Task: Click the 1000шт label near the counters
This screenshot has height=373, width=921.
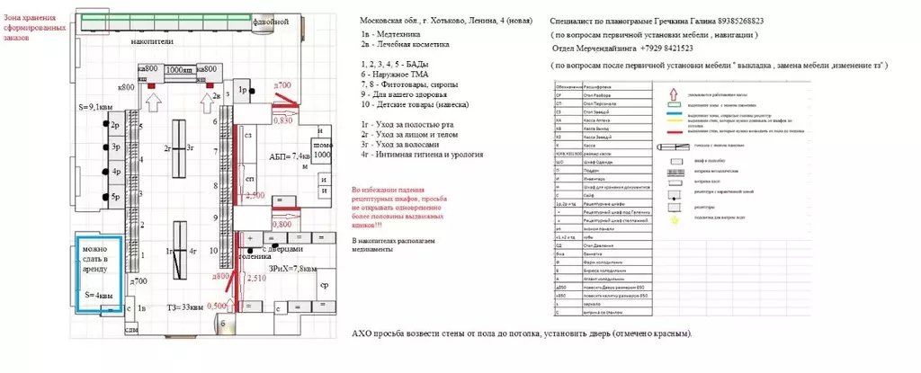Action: pyautogui.click(x=180, y=68)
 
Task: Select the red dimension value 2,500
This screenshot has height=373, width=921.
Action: pyautogui.click(x=255, y=195)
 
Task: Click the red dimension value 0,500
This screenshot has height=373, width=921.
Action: pyautogui.click(x=217, y=306)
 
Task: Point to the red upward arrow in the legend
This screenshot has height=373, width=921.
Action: pyautogui.click(x=672, y=92)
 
